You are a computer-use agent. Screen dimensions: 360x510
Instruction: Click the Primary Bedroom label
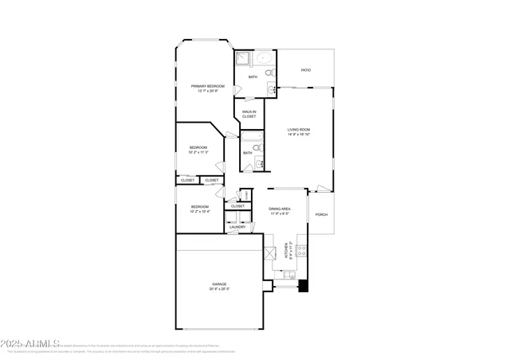[207, 86]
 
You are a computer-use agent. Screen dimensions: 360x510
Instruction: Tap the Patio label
[305, 70]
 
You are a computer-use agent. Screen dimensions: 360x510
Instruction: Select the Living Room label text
[299, 130]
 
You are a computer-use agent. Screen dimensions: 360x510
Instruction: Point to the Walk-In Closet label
[249, 114]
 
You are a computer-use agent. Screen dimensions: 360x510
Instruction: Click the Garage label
[219, 284]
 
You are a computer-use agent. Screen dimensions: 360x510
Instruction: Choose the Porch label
[321, 214]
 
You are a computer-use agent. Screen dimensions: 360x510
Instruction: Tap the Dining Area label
[284, 209]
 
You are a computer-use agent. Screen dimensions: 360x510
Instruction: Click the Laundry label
[237, 228]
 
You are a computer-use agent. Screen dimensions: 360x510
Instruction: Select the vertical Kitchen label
[292, 251]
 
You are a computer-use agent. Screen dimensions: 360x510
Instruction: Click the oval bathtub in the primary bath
[265, 59]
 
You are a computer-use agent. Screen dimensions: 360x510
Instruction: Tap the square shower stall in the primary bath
[242, 59]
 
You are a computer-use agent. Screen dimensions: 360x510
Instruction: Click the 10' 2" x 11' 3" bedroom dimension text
[198, 152]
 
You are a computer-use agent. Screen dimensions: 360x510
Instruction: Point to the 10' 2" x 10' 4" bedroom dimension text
[198, 212]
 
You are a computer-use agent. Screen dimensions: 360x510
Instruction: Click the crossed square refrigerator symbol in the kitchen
[271, 253]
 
